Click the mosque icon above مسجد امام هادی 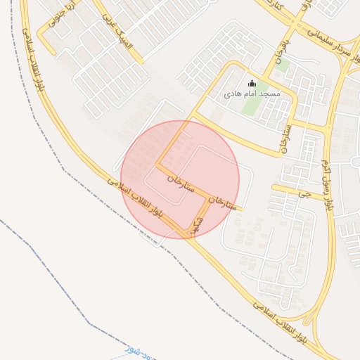pos(252,84)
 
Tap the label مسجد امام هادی pos(252,94)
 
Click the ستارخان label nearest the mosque pos(284,136)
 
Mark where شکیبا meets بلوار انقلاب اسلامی pos(188,237)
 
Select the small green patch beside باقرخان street pos(283,67)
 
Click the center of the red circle pos(180,179)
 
